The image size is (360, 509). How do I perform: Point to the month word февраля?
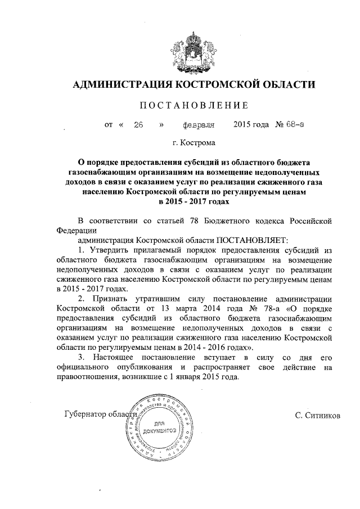199,124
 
